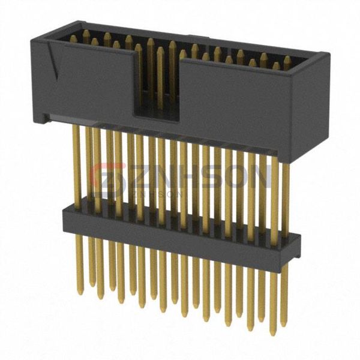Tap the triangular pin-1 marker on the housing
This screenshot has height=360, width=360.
55,63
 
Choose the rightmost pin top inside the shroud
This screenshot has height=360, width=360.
288,60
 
